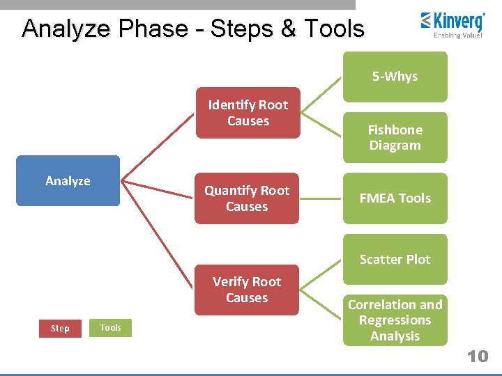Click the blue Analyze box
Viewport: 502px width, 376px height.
[x=68, y=181]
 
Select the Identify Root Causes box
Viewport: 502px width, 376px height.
[x=248, y=113]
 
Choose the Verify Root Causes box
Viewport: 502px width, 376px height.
[x=247, y=290]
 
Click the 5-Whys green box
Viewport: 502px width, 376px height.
[x=395, y=77]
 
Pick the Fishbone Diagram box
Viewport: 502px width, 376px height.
[x=395, y=137]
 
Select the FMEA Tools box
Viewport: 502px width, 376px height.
[x=395, y=198]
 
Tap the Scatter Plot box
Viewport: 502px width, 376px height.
[x=395, y=259]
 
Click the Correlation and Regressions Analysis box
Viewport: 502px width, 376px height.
[x=395, y=320]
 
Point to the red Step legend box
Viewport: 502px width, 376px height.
[x=60, y=328]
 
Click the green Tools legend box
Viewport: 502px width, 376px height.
[x=110, y=327]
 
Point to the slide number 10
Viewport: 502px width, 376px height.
[x=478, y=357]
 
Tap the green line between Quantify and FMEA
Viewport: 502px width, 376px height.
[x=321, y=198]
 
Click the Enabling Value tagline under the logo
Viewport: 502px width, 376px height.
[x=457, y=35]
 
